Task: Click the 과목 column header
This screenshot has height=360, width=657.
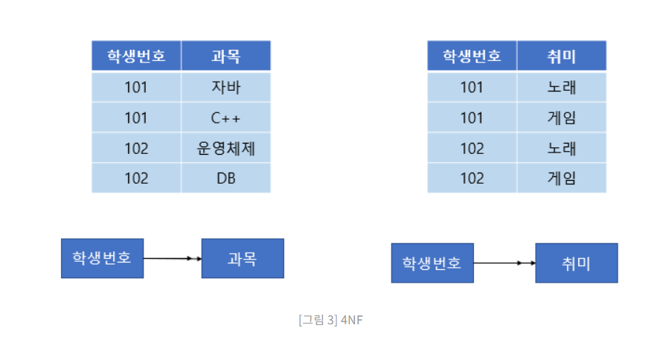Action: click(x=225, y=56)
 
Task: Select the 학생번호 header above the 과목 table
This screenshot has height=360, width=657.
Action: click(x=136, y=56)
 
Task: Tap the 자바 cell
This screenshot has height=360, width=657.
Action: click(x=225, y=87)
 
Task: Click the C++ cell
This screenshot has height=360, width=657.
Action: click(x=225, y=118)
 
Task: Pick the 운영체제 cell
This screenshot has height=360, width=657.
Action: click(x=225, y=148)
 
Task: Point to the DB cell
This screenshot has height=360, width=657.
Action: click(x=225, y=179)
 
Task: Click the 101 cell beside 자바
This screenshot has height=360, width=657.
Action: click(x=136, y=87)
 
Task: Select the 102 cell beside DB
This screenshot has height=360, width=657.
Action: click(x=136, y=179)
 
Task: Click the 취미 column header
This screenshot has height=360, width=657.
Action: click(x=561, y=56)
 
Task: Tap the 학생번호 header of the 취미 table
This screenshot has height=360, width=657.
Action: click(x=472, y=56)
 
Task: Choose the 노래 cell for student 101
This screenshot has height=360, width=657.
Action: click(x=561, y=87)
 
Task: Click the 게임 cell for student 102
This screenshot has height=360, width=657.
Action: click(x=561, y=179)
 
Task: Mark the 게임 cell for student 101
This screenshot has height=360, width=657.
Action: click(x=561, y=118)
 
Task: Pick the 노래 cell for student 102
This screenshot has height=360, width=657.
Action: click(x=561, y=148)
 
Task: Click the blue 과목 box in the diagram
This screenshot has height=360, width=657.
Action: click(x=243, y=258)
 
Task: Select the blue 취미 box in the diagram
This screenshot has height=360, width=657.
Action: click(x=576, y=263)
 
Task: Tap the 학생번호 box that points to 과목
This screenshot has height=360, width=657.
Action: click(x=102, y=258)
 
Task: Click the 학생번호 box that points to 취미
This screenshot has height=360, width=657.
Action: click(x=432, y=263)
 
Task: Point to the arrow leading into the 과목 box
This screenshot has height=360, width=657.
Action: click(x=173, y=258)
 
